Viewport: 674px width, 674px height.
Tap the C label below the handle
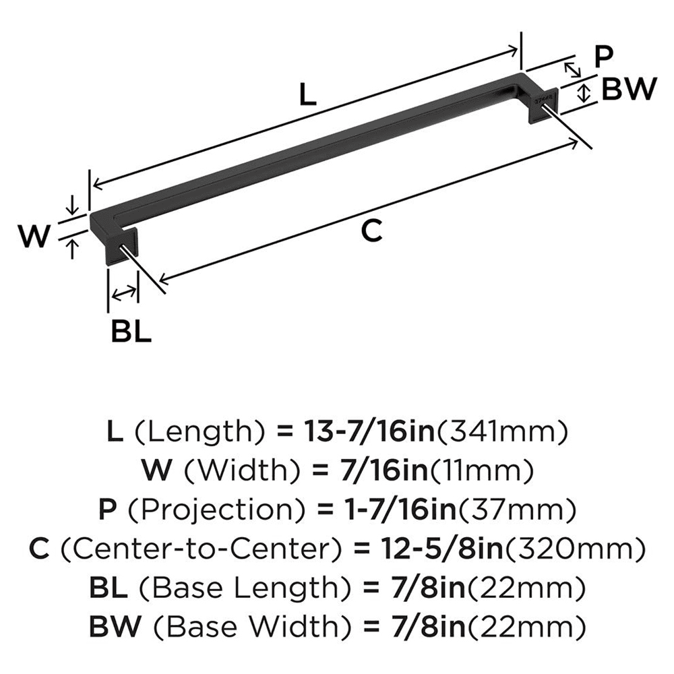[x=371, y=231]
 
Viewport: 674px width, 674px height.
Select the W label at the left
[x=33, y=237]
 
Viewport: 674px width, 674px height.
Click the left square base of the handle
[x=122, y=247]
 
